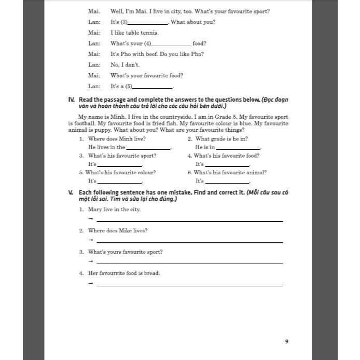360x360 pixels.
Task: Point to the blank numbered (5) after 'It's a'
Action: tap(153, 88)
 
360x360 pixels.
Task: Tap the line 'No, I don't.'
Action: tap(125, 65)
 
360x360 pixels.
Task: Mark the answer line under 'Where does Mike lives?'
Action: tap(189, 242)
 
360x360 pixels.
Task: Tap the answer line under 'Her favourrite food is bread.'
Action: tap(189, 285)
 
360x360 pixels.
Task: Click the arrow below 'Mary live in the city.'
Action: tap(90, 219)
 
